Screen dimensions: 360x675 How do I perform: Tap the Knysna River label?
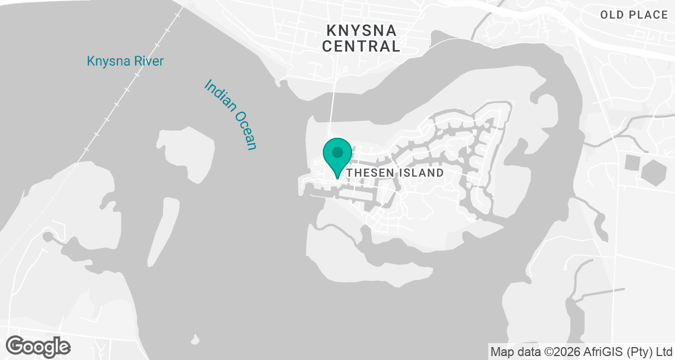point(125,61)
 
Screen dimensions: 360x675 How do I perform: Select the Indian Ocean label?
point(231,115)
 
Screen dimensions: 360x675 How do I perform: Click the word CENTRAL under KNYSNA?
point(361,46)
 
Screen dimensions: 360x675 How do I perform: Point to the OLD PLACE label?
point(633,15)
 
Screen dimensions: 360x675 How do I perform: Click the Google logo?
point(38,345)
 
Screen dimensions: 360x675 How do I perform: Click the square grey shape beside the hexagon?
point(632,163)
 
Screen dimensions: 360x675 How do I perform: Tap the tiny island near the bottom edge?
point(195,339)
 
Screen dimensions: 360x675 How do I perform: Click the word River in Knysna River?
point(148,61)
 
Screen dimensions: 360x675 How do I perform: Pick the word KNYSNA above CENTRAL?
point(361,29)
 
